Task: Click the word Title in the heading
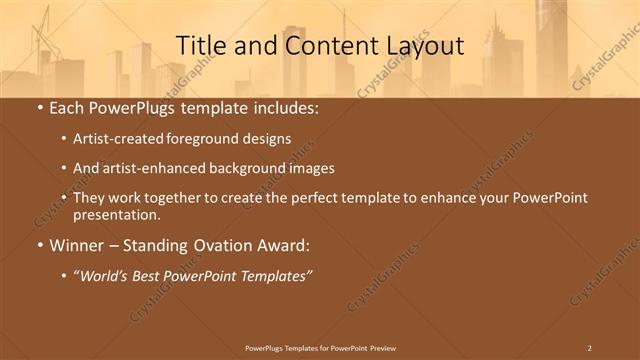pos(200,46)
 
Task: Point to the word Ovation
pos(220,245)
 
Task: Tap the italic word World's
pos(103,275)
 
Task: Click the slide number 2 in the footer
pos(589,347)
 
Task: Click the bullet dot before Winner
pos(38,245)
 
